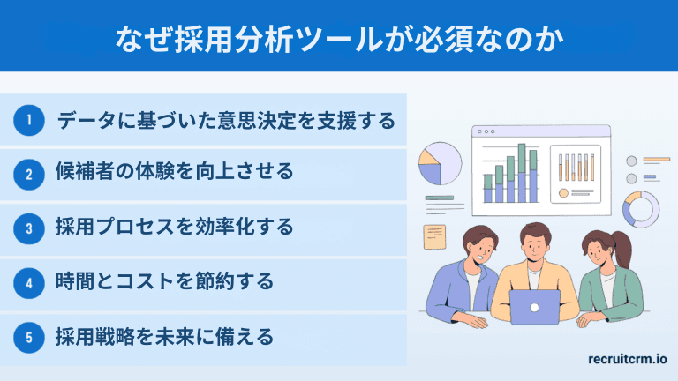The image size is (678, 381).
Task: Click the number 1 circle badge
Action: [29, 120]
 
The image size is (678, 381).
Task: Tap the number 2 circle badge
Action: [29, 175]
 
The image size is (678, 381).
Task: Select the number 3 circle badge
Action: [29, 229]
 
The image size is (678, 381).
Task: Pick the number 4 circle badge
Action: [29, 283]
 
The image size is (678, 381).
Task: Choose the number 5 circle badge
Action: [29, 338]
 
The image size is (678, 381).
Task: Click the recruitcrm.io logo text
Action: [627, 359]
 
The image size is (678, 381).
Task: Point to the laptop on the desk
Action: [535, 307]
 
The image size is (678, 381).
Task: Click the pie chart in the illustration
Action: [441, 163]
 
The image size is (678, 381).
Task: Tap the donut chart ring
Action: [641, 209]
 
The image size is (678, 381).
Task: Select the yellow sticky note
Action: [434, 235]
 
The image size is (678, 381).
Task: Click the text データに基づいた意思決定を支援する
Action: [226, 120]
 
